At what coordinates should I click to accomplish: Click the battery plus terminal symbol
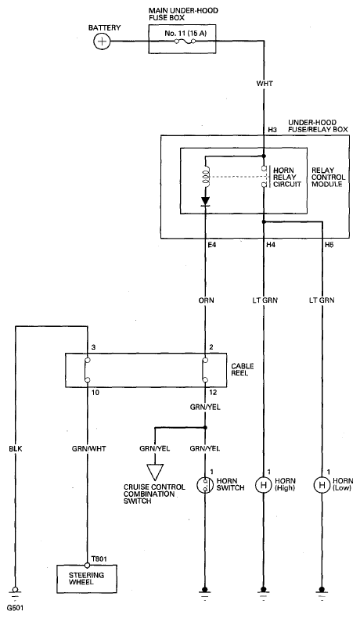102,41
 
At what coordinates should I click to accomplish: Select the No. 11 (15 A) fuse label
185,34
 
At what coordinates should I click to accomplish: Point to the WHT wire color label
265,84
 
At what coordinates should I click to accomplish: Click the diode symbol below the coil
205,201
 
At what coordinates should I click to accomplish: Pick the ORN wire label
207,300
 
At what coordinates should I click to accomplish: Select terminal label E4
212,245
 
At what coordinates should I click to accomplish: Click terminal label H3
272,129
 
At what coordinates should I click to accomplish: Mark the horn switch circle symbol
205,485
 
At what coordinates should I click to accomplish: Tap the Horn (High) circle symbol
263,485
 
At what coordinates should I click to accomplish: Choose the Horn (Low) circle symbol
322,485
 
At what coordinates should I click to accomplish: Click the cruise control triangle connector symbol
155,471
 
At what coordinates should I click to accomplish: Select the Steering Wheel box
87,579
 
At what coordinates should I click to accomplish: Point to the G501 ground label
15,608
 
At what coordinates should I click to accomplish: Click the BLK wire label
16,448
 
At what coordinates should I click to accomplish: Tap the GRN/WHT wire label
89,448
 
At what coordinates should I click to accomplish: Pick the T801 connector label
99,559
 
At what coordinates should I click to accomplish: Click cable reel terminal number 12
213,393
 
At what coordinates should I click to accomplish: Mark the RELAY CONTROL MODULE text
328,178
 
